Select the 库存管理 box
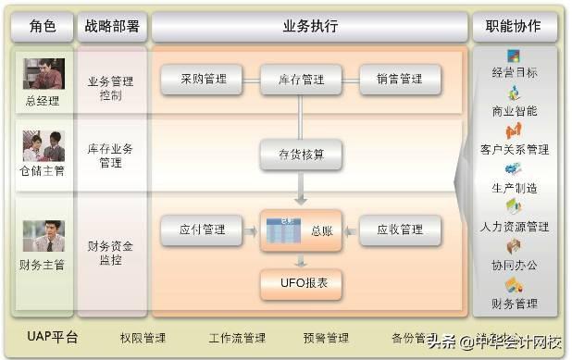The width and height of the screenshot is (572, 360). pos(300,80)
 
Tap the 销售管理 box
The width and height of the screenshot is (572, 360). pos(400,80)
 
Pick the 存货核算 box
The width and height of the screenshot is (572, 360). pos(300,153)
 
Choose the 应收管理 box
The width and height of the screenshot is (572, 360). pos(400,230)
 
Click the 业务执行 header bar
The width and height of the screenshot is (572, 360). pos(309,26)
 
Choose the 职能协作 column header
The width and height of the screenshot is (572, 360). pos(515,26)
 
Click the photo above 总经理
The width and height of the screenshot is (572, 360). pos(43,73)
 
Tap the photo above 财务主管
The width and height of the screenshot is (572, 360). pos(43,236)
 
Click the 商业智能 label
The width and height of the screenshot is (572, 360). pos(515,111)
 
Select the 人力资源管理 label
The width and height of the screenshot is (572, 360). pos(515,226)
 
